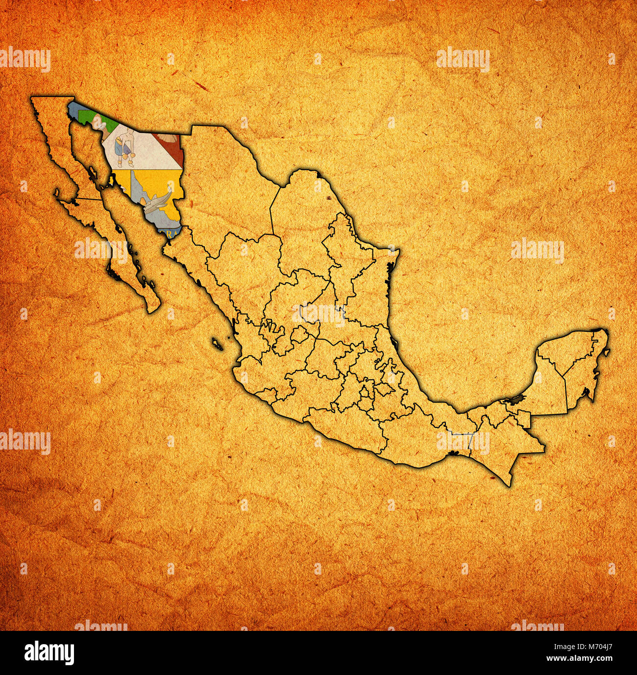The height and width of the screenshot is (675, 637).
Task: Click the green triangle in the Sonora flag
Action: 88,116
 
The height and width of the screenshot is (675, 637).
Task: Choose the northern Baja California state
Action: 59,147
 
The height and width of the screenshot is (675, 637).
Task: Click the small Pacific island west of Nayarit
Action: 217,344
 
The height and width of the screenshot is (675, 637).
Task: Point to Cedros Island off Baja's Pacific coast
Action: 57,194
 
